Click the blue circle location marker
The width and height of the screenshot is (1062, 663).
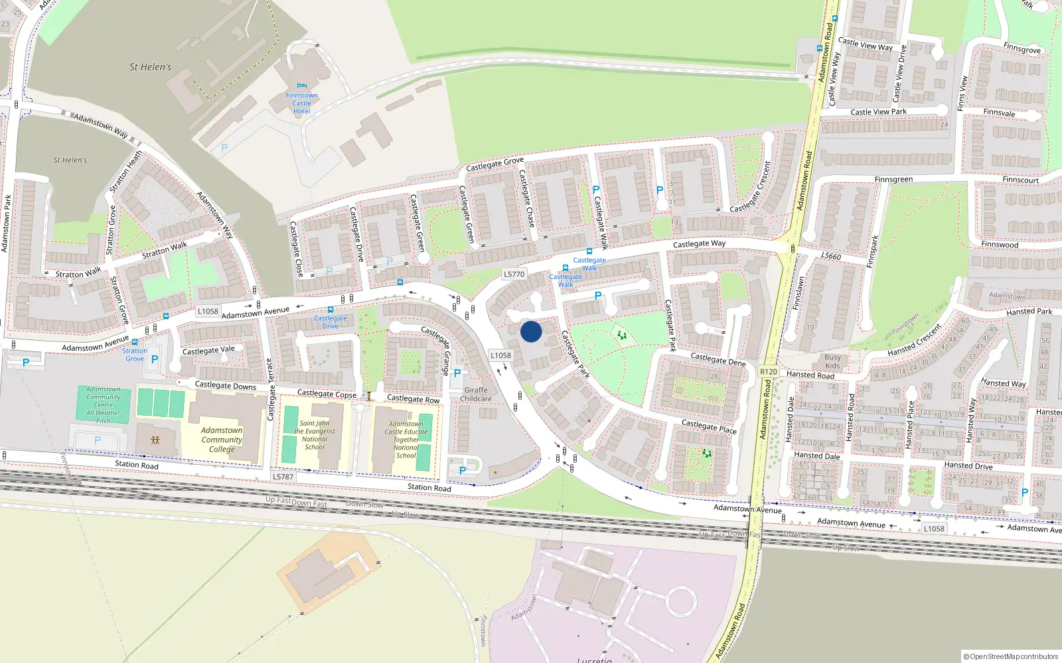pyautogui.click(x=531, y=331)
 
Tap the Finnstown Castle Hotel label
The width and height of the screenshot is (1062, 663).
pyautogui.click(x=301, y=103)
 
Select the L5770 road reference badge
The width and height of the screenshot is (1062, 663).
pyautogui.click(x=514, y=274)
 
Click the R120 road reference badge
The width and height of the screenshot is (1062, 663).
pyautogui.click(x=768, y=371)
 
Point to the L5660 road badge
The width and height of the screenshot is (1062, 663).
pyautogui.click(x=830, y=256)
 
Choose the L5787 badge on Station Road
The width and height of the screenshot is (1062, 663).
pyautogui.click(x=283, y=477)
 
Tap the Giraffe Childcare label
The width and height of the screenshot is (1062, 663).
pyautogui.click(x=476, y=394)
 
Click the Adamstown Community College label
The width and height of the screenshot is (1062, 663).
pyautogui.click(x=222, y=440)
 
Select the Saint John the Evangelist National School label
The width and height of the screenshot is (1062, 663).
pyautogui.click(x=315, y=435)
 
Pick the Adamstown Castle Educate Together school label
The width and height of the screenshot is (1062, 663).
pyautogui.click(x=406, y=440)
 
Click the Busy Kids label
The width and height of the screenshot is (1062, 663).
pyautogui.click(x=832, y=361)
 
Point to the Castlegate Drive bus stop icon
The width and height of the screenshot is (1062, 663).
pyautogui.click(x=331, y=310)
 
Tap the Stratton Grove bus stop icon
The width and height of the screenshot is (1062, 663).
pyautogui.click(x=135, y=342)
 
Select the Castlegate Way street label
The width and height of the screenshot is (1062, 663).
pyautogui.click(x=699, y=244)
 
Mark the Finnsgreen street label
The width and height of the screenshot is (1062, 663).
pyautogui.click(x=893, y=180)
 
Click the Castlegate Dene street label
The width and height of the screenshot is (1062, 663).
pyautogui.click(x=718, y=359)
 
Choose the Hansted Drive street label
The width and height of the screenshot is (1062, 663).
pyautogui.click(x=968, y=465)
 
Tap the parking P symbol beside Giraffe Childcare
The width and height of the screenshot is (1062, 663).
pyautogui.click(x=457, y=373)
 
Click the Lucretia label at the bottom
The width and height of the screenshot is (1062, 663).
pyautogui.click(x=594, y=660)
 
